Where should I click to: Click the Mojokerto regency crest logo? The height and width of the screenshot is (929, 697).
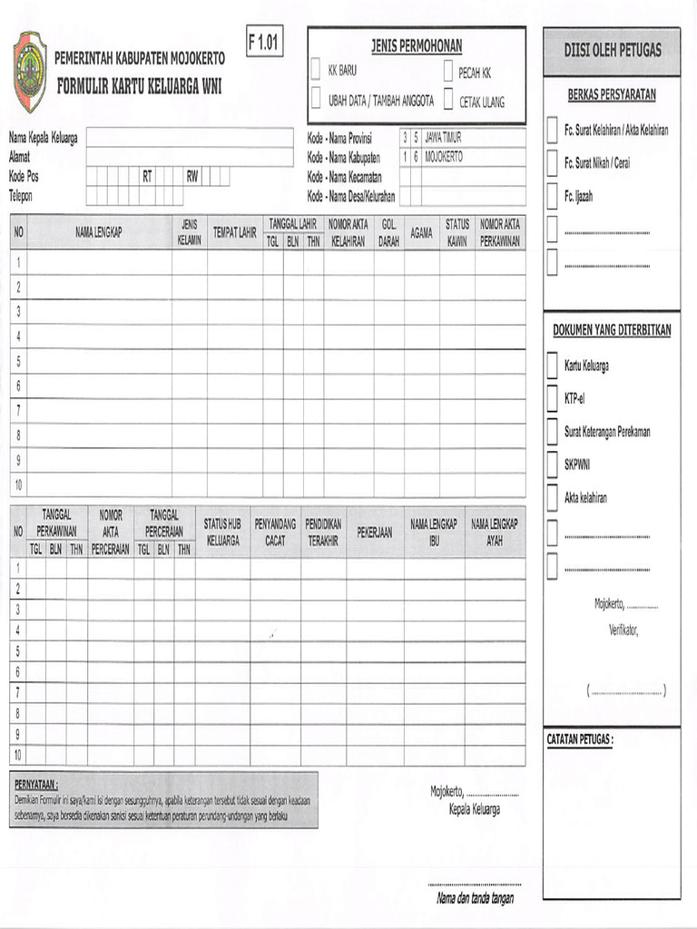tap(29, 71)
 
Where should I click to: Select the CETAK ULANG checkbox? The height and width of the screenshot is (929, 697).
tap(447, 101)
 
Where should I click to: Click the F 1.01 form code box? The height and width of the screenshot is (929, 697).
tap(263, 41)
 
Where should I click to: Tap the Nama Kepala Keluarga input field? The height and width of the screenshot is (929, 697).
tap(190, 137)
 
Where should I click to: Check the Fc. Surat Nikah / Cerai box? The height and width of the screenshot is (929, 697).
tap(552, 163)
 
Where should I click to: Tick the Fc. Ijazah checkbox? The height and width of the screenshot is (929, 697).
tap(552, 195)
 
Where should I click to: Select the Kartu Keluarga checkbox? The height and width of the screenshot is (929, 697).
tap(552, 366)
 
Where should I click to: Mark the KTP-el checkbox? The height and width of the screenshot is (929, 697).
tap(552, 398)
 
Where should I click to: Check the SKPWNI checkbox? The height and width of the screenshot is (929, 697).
tap(552, 464)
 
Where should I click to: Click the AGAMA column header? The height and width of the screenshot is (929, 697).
tap(421, 232)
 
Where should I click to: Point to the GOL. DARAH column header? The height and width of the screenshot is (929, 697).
tap(388, 232)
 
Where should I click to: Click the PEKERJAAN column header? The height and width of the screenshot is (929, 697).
tap(374, 533)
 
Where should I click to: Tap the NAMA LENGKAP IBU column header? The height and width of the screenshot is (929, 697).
tap(433, 533)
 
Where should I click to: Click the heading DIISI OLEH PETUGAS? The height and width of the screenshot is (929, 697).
tap(613, 50)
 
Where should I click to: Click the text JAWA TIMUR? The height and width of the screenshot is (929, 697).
tap(443, 138)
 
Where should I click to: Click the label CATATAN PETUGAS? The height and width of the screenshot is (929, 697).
tap(580, 739)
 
